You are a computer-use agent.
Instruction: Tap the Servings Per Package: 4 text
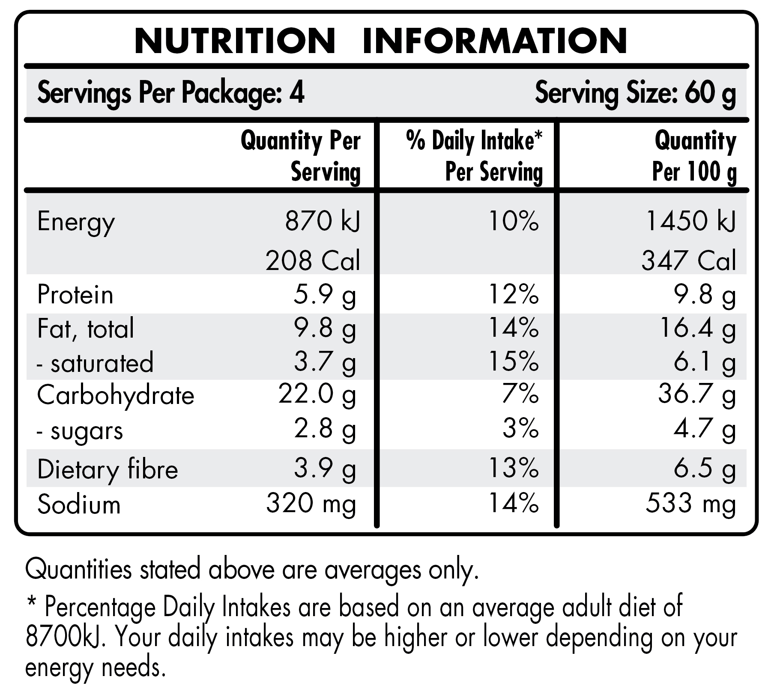170,93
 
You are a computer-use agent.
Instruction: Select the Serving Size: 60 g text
635,93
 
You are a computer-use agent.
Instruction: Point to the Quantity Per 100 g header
694,156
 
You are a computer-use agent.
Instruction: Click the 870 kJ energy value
322,222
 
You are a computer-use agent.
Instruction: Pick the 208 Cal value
313,261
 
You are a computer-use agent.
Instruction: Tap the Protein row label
75,295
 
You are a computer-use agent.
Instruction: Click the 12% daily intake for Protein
513,295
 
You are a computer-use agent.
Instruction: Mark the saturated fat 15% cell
513,362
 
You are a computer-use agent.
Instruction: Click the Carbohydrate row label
116,395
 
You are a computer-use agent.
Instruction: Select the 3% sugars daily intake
520,429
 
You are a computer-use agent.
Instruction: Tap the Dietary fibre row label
108,470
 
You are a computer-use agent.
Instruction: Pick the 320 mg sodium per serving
311,504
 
